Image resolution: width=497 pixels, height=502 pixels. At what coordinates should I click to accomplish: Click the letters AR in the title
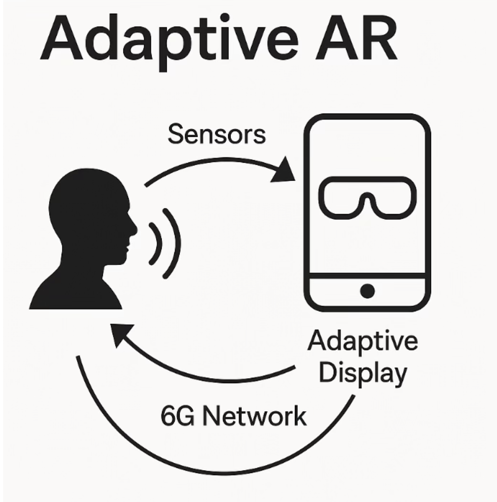(356, 39)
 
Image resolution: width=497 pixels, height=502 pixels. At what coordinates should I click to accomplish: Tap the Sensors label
(217, 134)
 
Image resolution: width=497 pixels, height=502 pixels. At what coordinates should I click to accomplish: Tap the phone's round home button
(367, 291)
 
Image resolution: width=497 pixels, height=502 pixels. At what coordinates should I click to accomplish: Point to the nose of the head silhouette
(134, 228)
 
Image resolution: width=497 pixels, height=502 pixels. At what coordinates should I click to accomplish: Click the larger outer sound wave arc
(176, 243)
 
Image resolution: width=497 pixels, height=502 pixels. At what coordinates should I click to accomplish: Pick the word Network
(254, 416)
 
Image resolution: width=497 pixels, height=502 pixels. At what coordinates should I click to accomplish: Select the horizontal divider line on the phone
(367, 276)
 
